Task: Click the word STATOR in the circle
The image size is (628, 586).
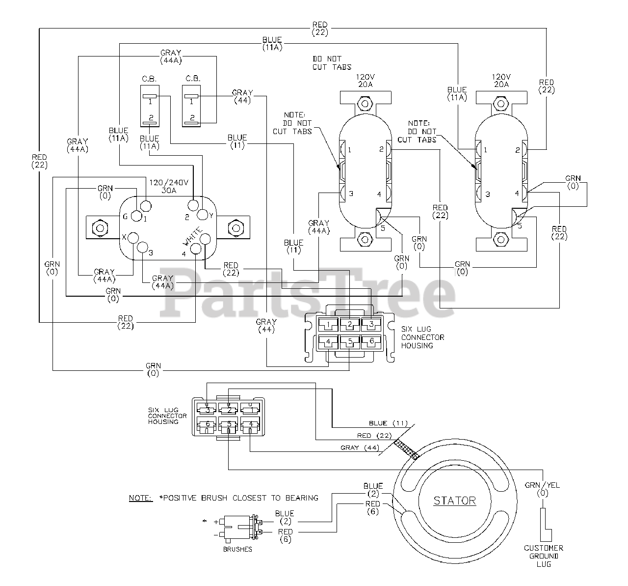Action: point(454,501)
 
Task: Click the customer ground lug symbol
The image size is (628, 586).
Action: point(546,525)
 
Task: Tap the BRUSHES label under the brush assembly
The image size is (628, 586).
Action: point(237,549)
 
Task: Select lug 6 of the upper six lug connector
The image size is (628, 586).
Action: point(371,342)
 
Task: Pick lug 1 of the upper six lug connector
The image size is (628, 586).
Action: point(328,325)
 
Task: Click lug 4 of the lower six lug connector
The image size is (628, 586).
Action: point(250,425)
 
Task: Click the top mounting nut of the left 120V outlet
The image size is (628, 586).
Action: point(365,104)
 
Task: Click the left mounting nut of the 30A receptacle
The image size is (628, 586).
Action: point(100,228)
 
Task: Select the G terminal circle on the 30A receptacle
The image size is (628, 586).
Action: point(136,216)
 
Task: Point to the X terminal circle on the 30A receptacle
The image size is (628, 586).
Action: point(133,238)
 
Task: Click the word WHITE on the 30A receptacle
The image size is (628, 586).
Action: point(192,236)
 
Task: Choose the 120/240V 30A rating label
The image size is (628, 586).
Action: point(169,187)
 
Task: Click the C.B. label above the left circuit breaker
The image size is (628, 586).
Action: point(149,79)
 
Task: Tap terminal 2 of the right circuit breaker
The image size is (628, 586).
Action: point(191,122)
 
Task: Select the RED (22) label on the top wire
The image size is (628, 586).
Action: point(320,28)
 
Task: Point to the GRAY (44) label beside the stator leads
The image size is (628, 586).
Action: point(360,447)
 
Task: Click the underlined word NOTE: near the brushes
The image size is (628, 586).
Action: point(141,498)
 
